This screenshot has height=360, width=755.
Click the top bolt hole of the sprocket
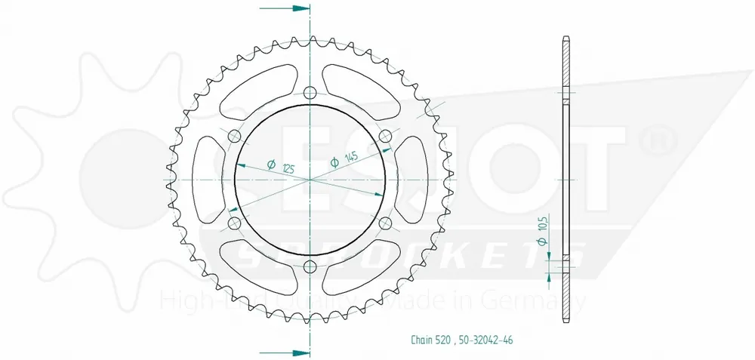(310, 93)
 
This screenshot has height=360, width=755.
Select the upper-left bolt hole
(234, 136)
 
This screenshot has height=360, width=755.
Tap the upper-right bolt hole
(385, 136)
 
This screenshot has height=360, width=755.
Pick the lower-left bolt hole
(234, 223)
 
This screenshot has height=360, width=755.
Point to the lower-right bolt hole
(385, 223)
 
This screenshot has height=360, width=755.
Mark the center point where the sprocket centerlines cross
(310, 180)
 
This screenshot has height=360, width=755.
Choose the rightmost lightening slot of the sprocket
(415, 180)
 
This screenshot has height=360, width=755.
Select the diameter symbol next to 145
(334, 162)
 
